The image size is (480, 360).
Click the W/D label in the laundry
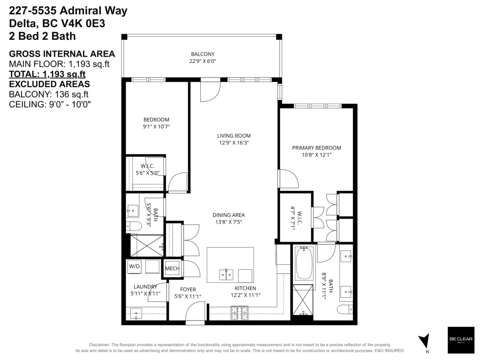click(x=134, y=266)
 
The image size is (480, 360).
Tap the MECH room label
click(x=172, y=268)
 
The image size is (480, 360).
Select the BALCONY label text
click(x=203, y=54)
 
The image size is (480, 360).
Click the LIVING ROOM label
click(x=234, y=136)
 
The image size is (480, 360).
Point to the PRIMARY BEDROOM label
click(x=316, y=148)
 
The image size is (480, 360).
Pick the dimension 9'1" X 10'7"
click(x=156, y=126)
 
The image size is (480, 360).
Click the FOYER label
click(x=188, y=289)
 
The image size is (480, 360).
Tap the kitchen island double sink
click(x=226, y=275)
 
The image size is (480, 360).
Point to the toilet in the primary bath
click(x=345, y=310)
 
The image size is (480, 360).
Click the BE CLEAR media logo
click(x=460, y=340)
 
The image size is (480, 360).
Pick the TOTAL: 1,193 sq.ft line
click(x=47, y=74)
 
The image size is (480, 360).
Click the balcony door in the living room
click(x=210, y=89)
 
